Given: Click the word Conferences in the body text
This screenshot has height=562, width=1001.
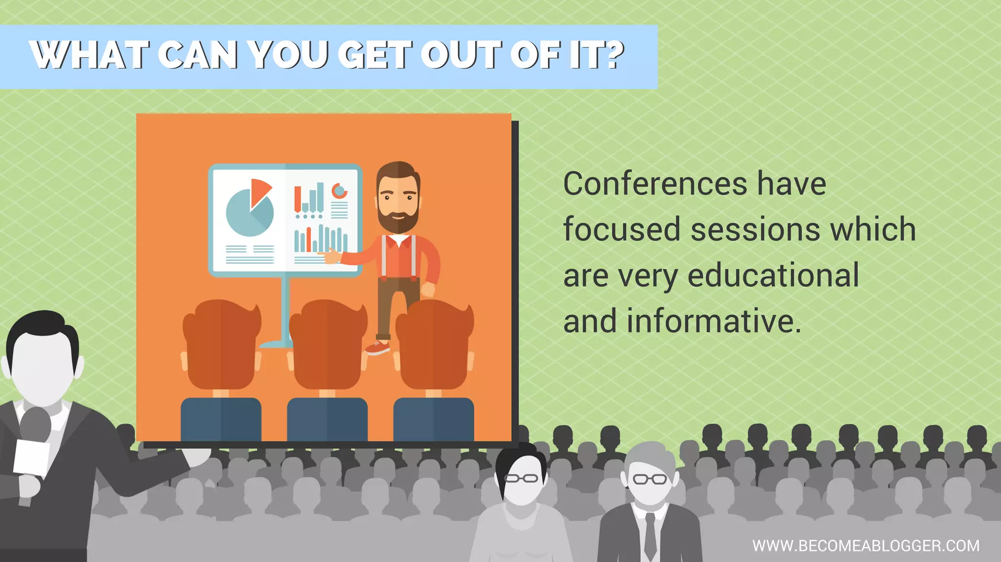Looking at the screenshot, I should pos(655,184).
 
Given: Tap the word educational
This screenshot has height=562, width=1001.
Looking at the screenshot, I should pos(773,275).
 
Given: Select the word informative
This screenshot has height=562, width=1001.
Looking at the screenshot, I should pos(714,321).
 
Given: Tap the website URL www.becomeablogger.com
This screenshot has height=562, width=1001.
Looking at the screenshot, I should pos(866,546).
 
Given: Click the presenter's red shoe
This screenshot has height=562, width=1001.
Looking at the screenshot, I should pos(377,347).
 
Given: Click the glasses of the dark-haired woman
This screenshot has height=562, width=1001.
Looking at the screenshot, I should pos(521,478).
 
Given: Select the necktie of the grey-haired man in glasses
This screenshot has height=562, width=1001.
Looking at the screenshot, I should pos(650,535).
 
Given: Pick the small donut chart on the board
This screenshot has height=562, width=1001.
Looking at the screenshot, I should pos(339,191).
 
